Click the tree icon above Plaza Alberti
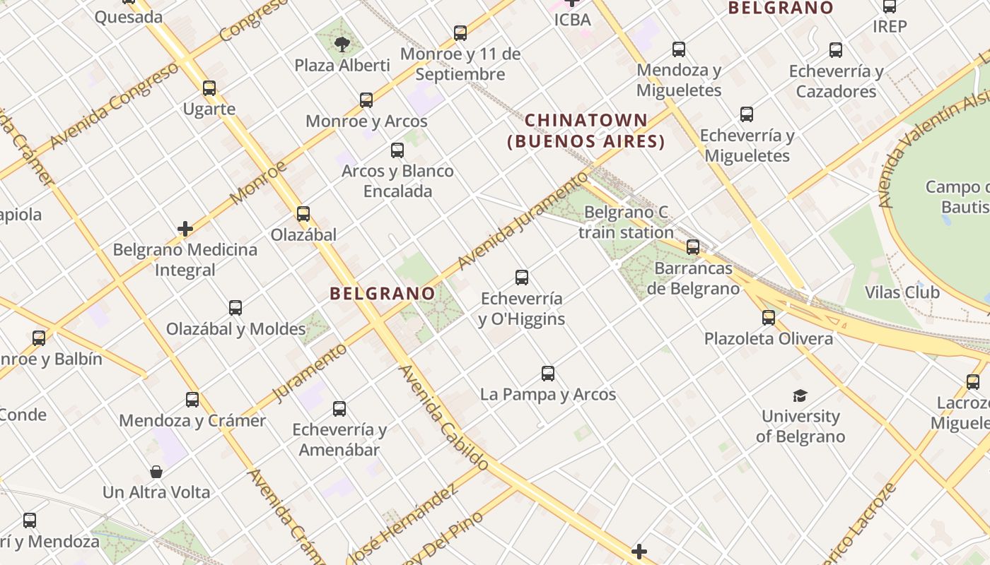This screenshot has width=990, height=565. point(342,44)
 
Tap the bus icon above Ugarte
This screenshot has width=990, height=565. point(209,88)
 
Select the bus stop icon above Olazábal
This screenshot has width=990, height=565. point(303,213)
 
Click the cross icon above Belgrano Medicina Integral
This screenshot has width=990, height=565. point(185,229)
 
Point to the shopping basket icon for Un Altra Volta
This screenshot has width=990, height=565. point(156,471)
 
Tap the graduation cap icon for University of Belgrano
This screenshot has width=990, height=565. point(800,395)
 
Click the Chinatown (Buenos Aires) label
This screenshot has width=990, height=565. point(586,131)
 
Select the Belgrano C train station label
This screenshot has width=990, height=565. point(626,222)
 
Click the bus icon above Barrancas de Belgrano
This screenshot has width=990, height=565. point(693,247)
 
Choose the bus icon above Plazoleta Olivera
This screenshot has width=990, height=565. point(769,318)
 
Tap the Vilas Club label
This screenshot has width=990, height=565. point(902,292)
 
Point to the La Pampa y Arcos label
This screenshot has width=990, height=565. point(548,394)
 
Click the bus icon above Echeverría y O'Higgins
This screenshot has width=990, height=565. point(522,278)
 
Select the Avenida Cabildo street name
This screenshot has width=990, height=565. point(443,418)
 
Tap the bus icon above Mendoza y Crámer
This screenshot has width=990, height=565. point(192,400)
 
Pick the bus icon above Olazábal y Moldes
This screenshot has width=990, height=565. point(235,308)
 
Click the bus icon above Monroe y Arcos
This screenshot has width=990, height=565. point(366,100)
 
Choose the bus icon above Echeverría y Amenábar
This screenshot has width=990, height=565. point(339,408)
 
